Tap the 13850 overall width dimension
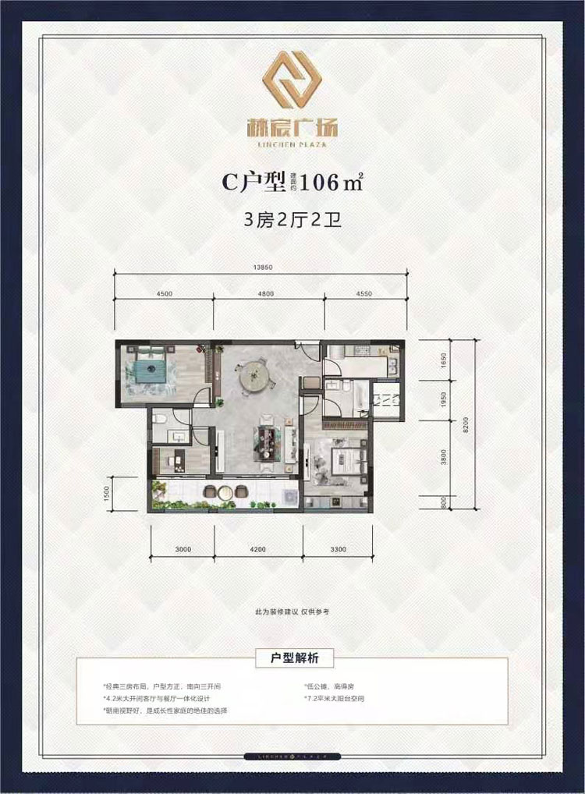[261, 268]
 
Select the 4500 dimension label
[164, 294]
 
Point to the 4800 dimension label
[266, 294]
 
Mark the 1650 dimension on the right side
[443, 360]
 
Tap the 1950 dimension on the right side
[443, 400]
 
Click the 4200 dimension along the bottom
[258, 549]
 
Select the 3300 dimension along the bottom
[339, 549]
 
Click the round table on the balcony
[224, 491]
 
